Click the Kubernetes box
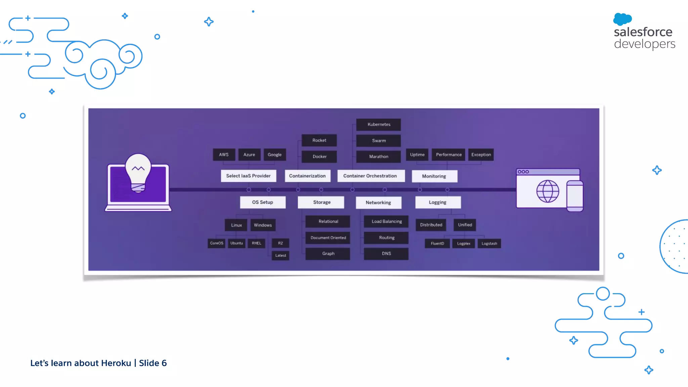tap(379, 124)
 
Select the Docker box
tap(319, 157)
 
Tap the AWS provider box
tap(224, 155)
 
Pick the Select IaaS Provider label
tap(248, 176)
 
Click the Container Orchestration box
tap(370, 176)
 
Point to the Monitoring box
tap(434, 176)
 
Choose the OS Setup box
tap(263, 202)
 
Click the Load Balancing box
tap(386, 221)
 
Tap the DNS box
tap(386, 254)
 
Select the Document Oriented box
tap(328, 238)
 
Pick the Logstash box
tap(489, 244)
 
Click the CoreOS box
tap(216, 243)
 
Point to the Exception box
tap(481, 155)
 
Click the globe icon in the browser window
tap(548, 191)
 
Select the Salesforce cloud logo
tap(622, 19)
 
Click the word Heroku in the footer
tap(116, 363)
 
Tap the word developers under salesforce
tap(644, 44)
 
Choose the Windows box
tap(263, 225)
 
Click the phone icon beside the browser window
tap(575, 196)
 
